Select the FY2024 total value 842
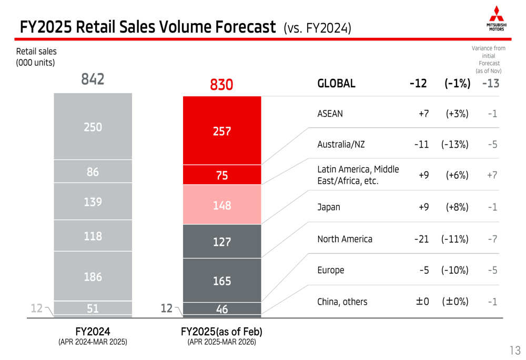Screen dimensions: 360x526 (93, 79)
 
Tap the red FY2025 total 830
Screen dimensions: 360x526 (221, 85)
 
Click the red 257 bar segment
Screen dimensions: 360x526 (221, 131)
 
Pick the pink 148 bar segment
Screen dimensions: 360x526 (221, 205)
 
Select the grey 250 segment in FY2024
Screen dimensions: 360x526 (93, 127)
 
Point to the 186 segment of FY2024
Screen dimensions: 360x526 (93, 276)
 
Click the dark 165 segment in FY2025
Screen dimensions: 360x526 (221, 281)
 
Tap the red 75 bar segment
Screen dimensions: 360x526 (221, 176)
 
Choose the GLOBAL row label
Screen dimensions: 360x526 (337, 84)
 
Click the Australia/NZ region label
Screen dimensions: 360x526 (341, 144)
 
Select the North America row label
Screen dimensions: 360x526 (345, 239)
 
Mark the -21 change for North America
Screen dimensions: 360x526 (421, 239)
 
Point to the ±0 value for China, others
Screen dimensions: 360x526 (422, 302)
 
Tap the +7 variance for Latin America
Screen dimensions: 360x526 (492, 176)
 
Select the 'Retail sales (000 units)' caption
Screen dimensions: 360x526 (36, 57)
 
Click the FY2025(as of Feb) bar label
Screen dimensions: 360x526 (221, 332)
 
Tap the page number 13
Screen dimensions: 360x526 (514, 350)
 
